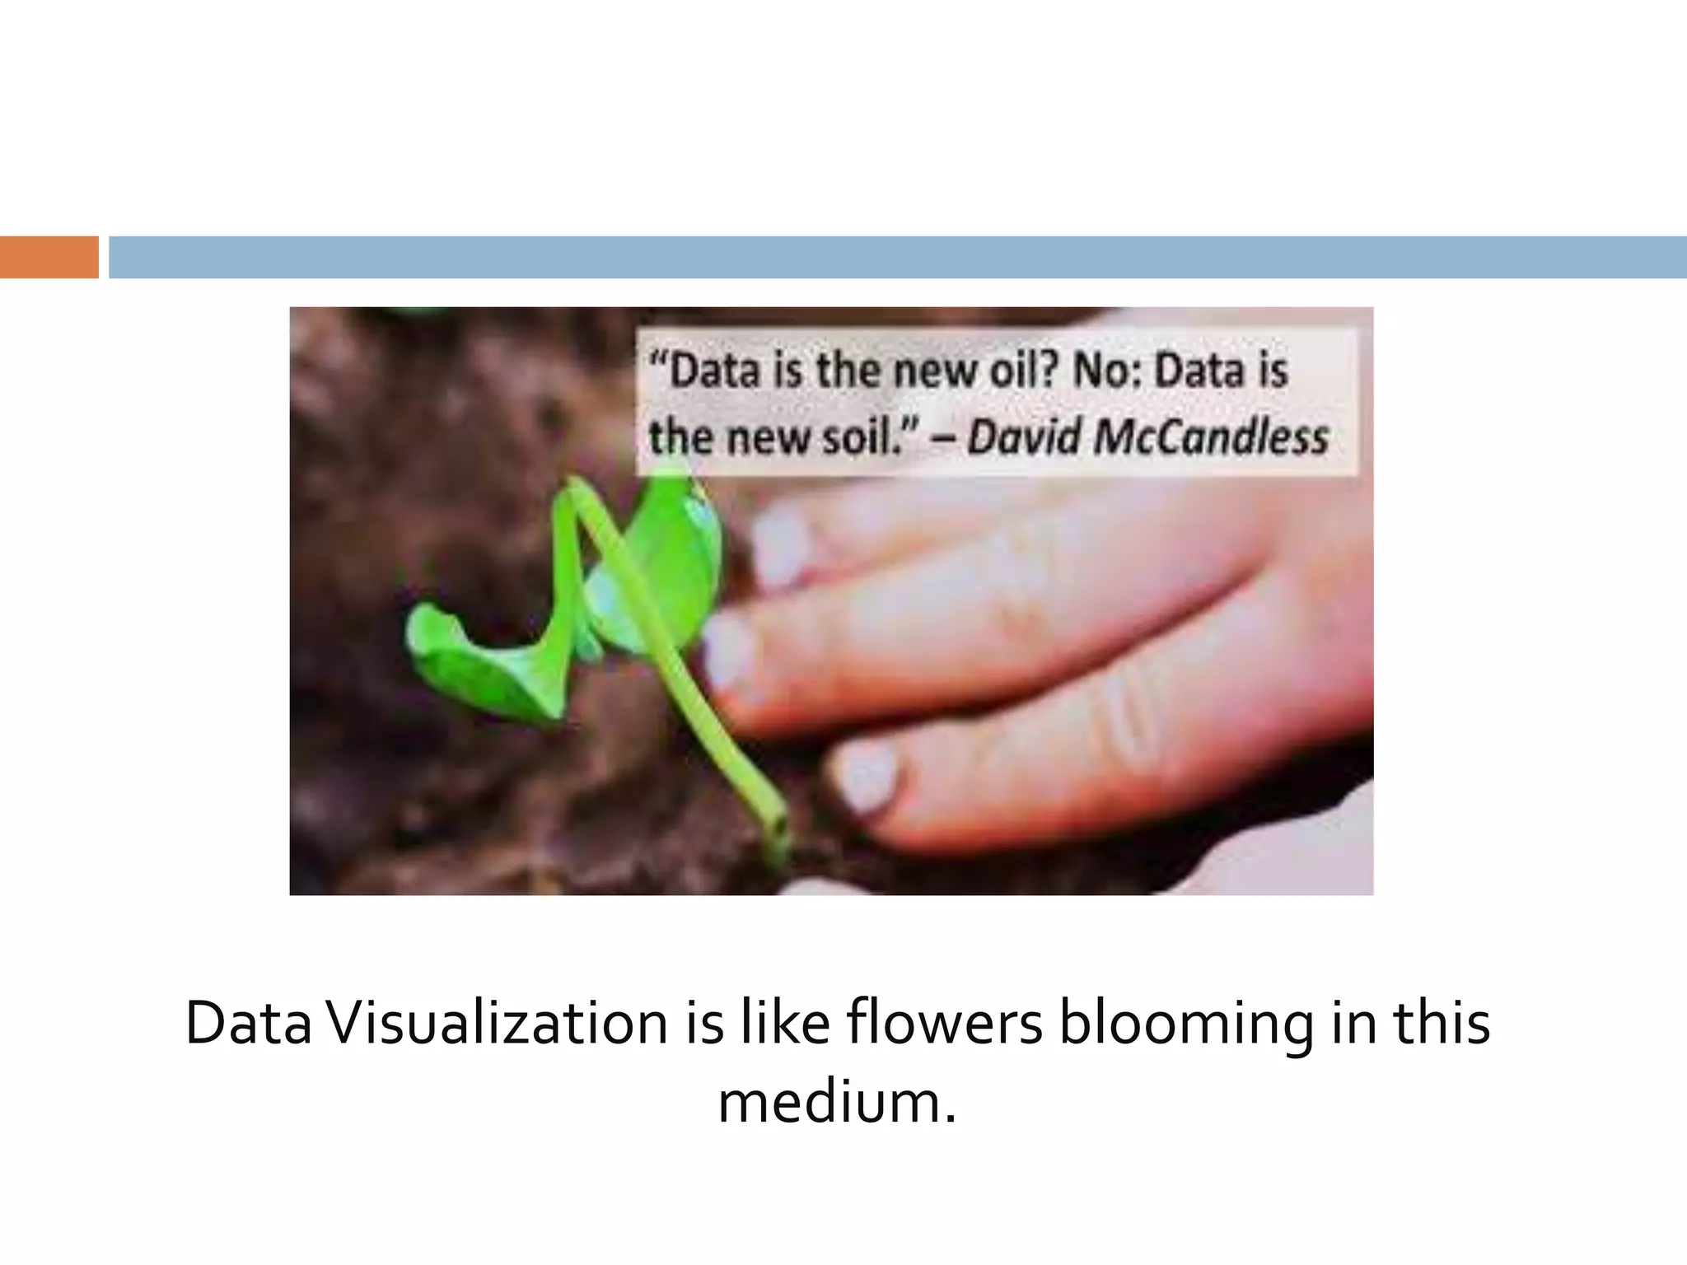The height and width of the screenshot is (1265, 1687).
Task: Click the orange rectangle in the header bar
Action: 49,257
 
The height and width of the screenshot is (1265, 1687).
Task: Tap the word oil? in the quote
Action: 1022,371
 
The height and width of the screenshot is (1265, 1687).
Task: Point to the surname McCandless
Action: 1211,436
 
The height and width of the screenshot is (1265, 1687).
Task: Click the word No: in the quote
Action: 1108,371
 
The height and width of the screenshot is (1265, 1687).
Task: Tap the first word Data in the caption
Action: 248,1024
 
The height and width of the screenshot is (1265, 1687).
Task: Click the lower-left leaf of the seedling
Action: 478,659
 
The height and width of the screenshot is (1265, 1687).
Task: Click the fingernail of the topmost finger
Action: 778,544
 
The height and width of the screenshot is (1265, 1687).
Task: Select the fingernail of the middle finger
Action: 729,651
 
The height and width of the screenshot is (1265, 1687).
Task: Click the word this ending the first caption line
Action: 1441,1024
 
